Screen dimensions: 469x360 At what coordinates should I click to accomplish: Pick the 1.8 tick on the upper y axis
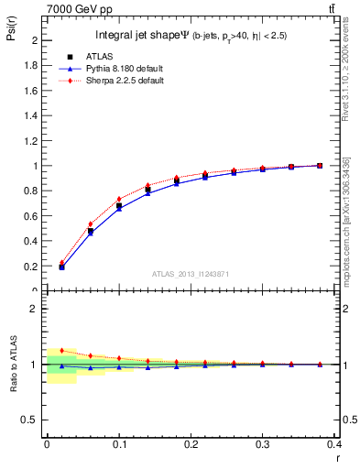point(33,66)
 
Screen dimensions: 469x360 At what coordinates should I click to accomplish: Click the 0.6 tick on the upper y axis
point(33,216)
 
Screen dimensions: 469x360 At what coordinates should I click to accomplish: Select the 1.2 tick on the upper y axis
point(33,141)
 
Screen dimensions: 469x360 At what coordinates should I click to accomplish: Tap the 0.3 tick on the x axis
point(262,444)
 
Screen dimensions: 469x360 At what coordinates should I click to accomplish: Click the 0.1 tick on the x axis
point(118,444)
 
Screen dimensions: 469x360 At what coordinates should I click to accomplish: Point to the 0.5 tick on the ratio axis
point(33,420)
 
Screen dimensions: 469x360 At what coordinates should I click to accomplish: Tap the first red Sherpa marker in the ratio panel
point(61,350)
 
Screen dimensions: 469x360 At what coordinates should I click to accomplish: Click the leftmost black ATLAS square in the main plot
point(61,267)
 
